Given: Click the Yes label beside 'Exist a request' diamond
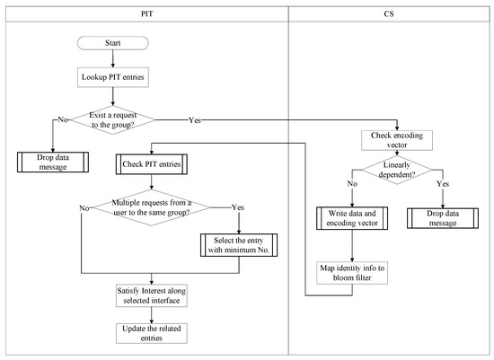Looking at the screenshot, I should click(193, 117).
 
